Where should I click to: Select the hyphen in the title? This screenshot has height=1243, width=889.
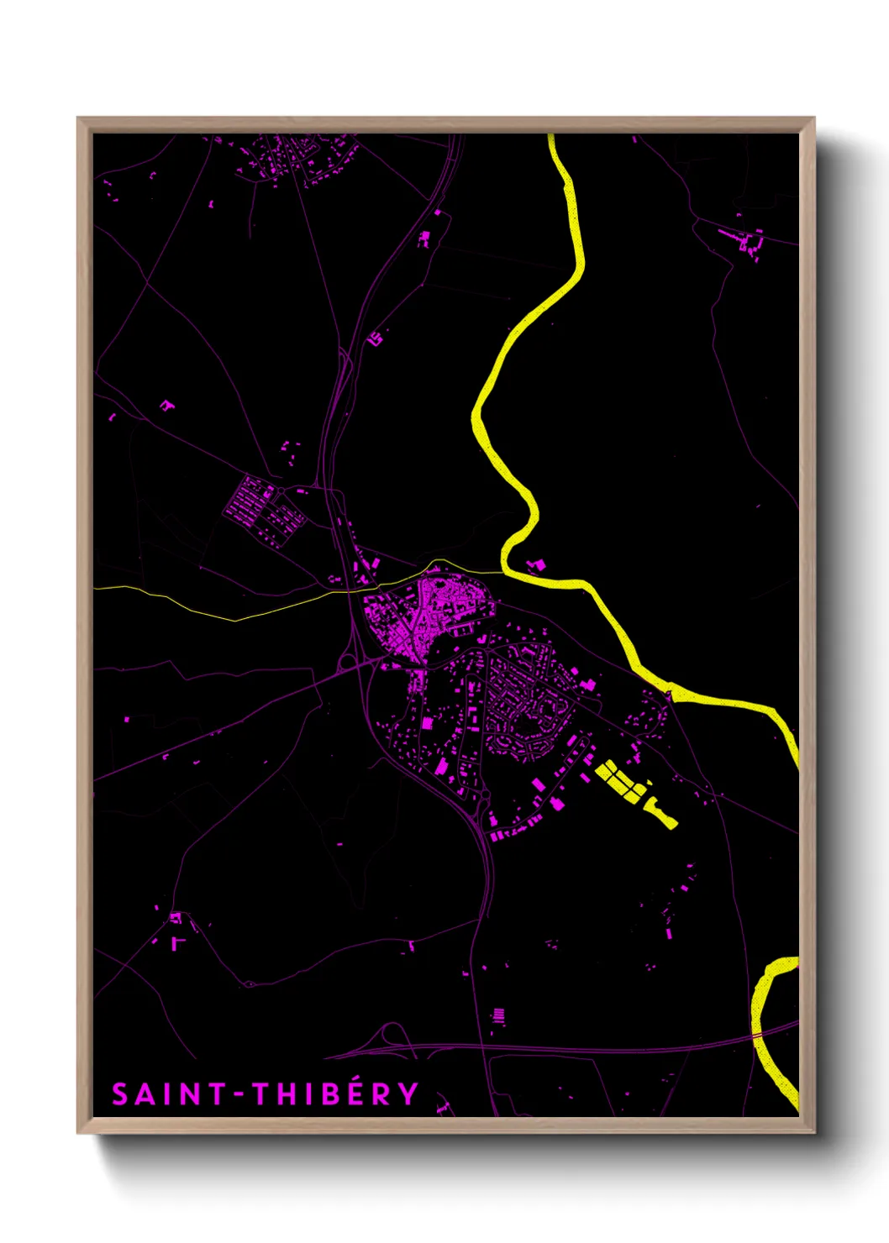(x=238, y=1094)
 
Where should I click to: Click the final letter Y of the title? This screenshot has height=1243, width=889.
(x=408, y=1094)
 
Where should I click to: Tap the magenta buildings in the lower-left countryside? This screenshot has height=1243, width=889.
(x=177, y=928)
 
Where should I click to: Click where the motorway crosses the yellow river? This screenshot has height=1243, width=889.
(x=760, y=1035)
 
